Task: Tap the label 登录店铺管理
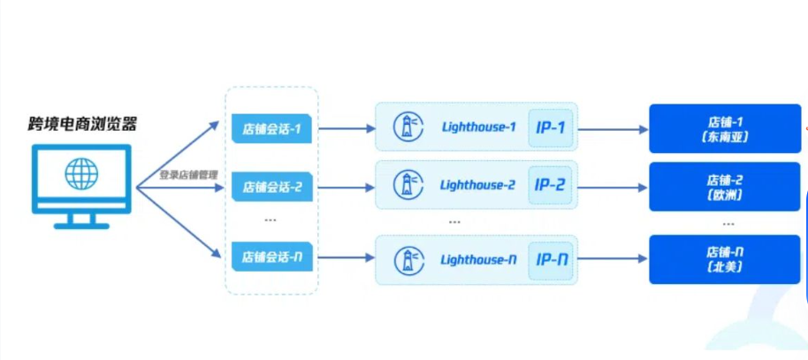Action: [x=187, y=175]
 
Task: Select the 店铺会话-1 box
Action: [x=271, y=129]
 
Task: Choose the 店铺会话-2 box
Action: [x=271, y=187]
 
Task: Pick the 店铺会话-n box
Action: [x=271, y=257]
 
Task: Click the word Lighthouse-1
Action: [x=477, y=128]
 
